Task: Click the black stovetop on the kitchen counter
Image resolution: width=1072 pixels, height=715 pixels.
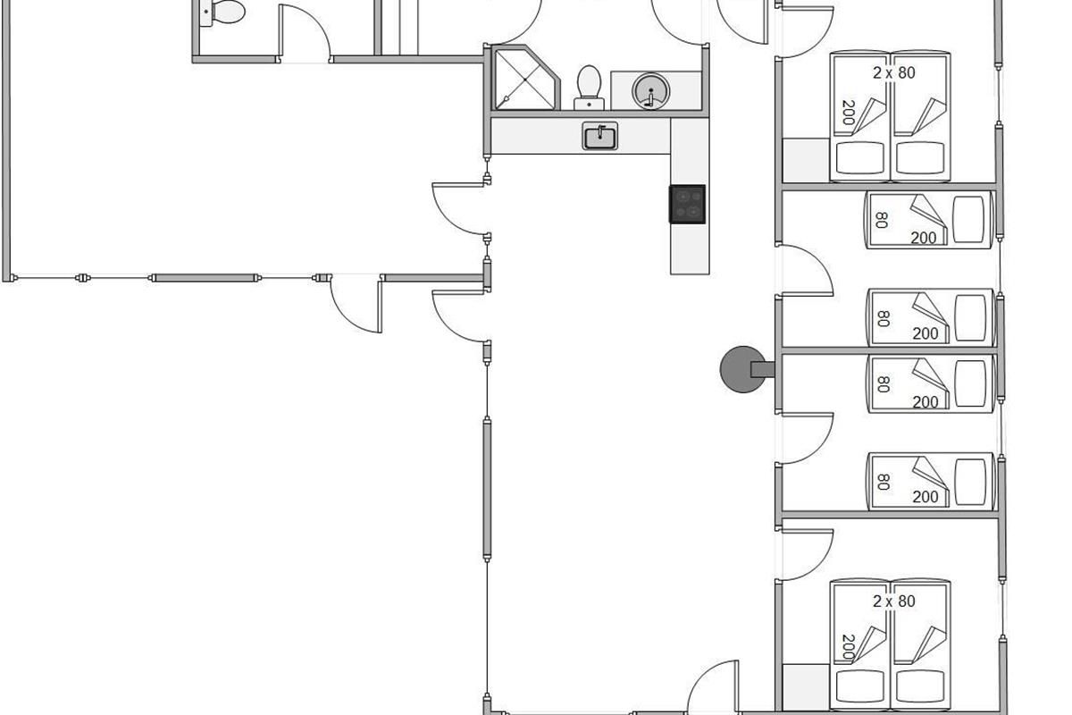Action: pos(687,204)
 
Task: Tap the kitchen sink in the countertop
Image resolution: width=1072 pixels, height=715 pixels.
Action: pos(599,136)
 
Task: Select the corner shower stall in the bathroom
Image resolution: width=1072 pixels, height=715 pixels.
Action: pos(525,78)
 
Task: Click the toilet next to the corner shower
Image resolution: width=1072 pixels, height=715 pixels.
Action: pos(589,88)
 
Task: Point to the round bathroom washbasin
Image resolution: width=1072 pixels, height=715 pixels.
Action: pos(651,90)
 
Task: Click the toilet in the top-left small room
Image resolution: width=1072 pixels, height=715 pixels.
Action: pos(222,13)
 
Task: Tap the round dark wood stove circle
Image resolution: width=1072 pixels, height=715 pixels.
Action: pos(742,369)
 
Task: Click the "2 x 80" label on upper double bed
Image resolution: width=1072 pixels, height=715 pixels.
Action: pos(893,72)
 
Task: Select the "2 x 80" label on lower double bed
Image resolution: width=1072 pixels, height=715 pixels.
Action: pos(893,601)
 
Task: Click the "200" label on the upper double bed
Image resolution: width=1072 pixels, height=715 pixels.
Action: pos(849,113)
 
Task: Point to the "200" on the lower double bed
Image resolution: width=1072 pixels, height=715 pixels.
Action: pos(849,647)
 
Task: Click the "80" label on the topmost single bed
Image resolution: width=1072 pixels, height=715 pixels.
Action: pos(882,220)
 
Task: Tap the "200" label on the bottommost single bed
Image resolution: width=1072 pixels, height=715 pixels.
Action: pos(925,497)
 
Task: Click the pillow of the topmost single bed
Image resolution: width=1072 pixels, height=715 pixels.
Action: pos(968,219)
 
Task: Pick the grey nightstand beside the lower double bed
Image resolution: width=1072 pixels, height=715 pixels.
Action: pos(806,686)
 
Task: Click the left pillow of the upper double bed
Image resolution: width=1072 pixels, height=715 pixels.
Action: pos(859,158)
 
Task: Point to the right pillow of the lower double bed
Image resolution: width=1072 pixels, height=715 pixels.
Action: pos(920,686)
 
